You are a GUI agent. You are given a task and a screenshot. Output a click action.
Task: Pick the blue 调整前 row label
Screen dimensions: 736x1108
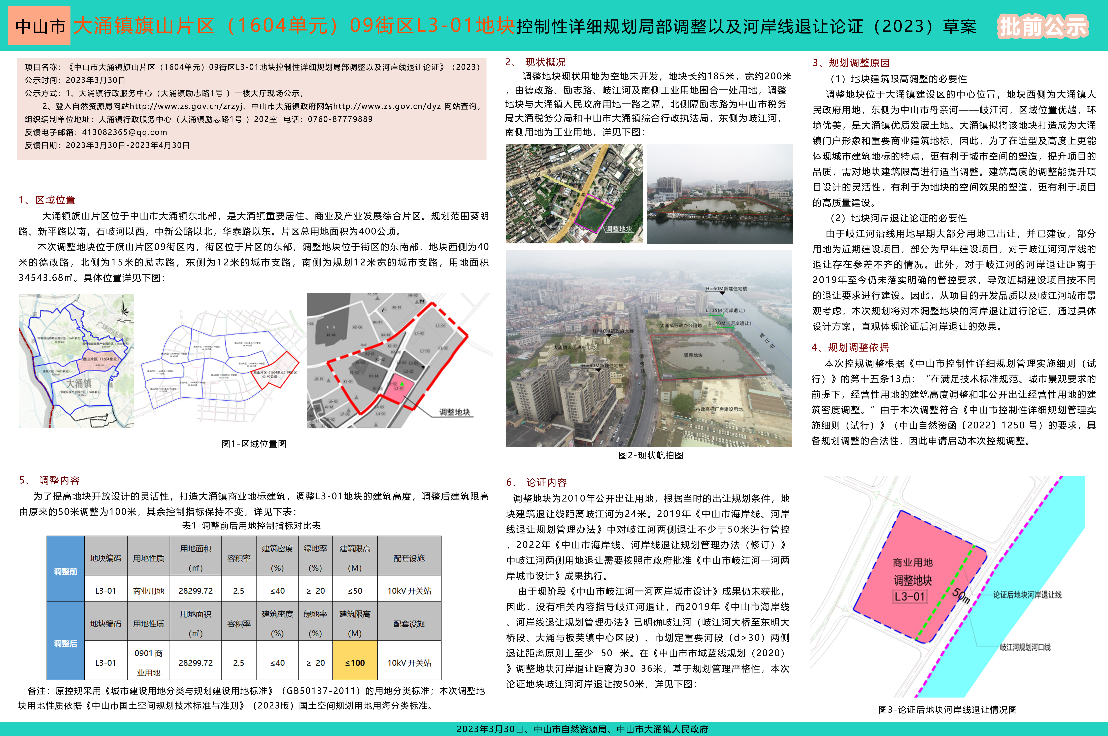point(65,571)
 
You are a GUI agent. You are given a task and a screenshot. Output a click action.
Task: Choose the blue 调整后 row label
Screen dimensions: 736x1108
point(65,644)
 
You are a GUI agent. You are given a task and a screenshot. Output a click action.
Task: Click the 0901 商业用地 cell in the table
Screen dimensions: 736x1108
point(148,662)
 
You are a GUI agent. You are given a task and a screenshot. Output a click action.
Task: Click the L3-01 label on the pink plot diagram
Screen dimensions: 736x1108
point(910,597)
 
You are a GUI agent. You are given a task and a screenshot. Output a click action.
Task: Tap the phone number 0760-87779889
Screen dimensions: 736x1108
point(340,119)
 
